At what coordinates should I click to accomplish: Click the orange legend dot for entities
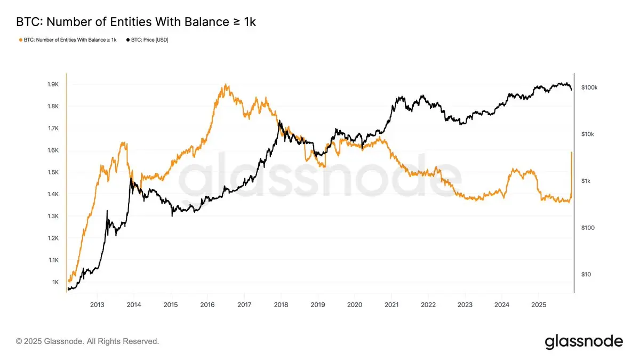click(20, 40)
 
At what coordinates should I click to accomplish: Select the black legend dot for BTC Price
click(128, 40)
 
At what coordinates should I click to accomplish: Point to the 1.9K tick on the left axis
click(53, 84)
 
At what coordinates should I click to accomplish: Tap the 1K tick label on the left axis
click(55, 282)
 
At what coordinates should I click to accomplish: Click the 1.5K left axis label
click(53, 172)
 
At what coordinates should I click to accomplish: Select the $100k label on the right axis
click(589, 87)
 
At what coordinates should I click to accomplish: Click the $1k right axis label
click(586, 181)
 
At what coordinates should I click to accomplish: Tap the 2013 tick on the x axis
click(97, 305)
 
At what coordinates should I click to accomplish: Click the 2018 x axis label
click(281, 305)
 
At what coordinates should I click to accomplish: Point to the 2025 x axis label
click(539, 305)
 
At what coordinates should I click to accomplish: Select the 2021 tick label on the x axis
click(391, 305)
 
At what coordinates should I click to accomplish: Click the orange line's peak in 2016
click(226, 84)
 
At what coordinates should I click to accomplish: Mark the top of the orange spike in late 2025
click(572, 152)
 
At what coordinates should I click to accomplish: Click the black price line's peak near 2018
click(279, 121)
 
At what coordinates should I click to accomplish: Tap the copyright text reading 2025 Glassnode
click(87, 341)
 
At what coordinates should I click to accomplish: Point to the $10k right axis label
click(587, 134)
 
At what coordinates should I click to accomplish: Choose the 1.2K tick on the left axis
click(53, 238)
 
